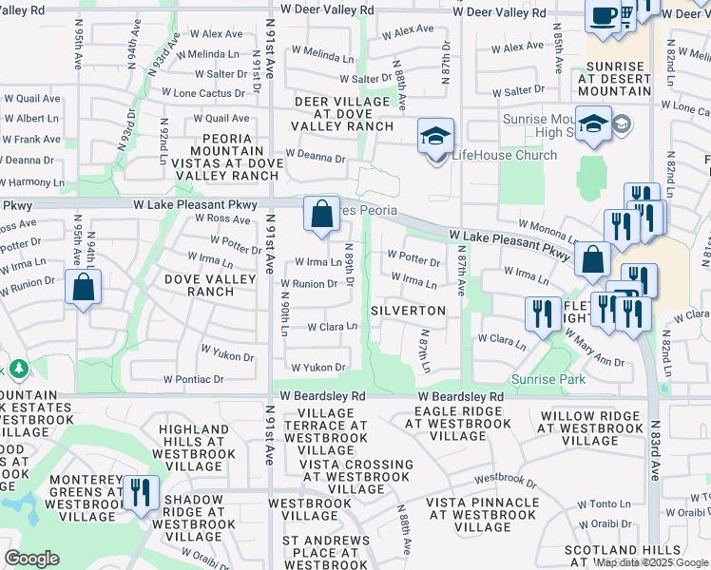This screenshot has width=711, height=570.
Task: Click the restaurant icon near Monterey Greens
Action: coord(141,493)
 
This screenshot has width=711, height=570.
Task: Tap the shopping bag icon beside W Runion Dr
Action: coord(84,287)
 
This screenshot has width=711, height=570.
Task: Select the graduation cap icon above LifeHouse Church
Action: coord(435,136)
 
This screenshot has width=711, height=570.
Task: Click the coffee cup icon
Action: coord(604,16)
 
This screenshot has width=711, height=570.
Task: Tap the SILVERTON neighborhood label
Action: coord(408,311)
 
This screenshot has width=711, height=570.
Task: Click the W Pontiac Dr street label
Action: coord(193,378)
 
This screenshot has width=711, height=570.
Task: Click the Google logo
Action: coord(31,559)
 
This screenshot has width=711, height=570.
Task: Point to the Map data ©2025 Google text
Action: coord(651,562)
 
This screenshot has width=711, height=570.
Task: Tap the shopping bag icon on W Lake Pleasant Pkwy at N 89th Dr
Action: coord(321,215)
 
